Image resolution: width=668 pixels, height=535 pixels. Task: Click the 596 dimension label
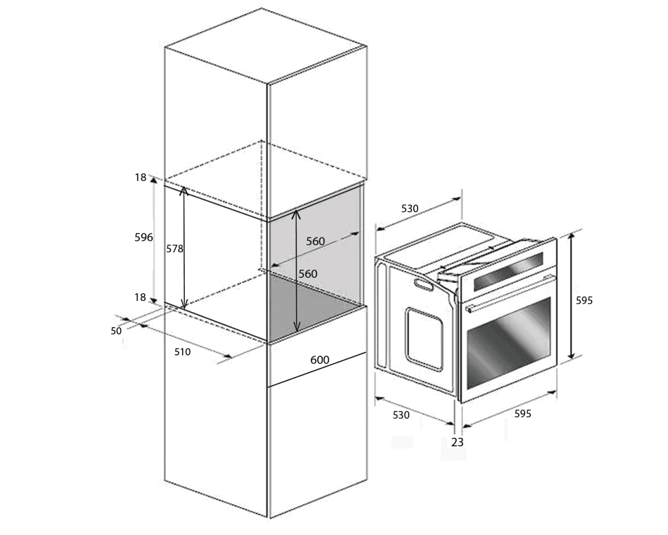[144, 237]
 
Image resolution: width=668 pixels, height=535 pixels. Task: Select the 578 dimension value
[174, 249]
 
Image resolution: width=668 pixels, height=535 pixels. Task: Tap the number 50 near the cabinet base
[116, 331]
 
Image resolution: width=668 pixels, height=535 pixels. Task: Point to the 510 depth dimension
[182, 352]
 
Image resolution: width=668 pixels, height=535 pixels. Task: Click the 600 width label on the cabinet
[320, 360]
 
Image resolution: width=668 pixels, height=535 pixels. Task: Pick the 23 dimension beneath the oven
[457, 442]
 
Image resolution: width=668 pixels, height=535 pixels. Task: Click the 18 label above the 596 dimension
[140, 178]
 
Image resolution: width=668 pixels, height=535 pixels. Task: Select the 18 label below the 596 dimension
[140, 298]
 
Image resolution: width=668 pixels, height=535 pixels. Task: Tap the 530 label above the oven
[410, 208]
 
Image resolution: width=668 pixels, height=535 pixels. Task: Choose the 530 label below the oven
[401, 415]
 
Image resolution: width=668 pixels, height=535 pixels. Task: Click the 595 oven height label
[584, 300]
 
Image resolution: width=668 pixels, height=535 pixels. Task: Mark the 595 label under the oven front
[523, 414]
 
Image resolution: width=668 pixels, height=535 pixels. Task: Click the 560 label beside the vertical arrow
[308, 274]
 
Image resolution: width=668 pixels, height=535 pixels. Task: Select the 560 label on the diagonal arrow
[316, 241]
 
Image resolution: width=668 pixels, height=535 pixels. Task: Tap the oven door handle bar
[510, 293]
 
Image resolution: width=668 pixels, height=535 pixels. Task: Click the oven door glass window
[509, 343]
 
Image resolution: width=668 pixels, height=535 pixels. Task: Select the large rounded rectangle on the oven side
[424, 339]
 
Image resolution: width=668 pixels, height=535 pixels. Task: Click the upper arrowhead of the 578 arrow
[184, 190]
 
